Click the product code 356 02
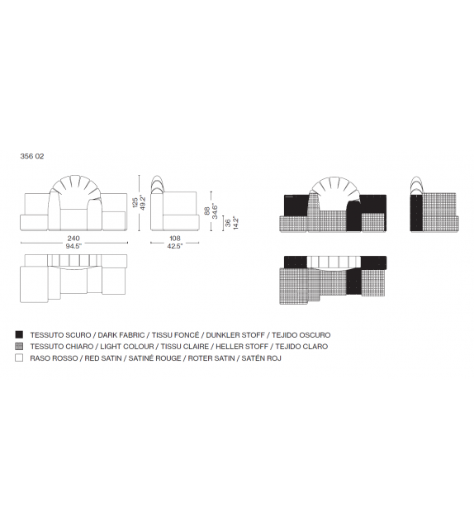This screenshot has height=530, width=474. coord(32,156)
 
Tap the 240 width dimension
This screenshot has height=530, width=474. coord(73,239)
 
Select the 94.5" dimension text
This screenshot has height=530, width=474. coord(73,246)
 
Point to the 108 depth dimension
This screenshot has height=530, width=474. coord(175,239)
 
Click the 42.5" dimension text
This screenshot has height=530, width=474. coord(175,246)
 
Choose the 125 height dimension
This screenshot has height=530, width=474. coord(135,202)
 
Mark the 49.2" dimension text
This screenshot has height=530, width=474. coord(143,202)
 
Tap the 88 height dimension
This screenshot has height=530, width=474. coord(207,211)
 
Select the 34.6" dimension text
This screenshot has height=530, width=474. coord(215,211)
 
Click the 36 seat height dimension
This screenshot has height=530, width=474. coord(228,223)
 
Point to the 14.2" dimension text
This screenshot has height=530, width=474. coord(235,223)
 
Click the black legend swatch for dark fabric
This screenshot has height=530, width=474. coord(19,334)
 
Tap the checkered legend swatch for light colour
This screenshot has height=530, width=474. coord(19,346)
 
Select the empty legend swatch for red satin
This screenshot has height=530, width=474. coord(19,357)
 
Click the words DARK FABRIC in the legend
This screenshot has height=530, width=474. coord(121,335)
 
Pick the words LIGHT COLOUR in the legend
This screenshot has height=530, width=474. coord(127,347)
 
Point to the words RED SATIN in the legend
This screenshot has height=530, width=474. coord(103,358)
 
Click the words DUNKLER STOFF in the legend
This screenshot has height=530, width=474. coord(235,335)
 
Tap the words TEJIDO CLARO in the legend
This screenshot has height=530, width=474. coord(301,347)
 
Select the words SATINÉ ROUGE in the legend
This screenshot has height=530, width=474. coord(155,358)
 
